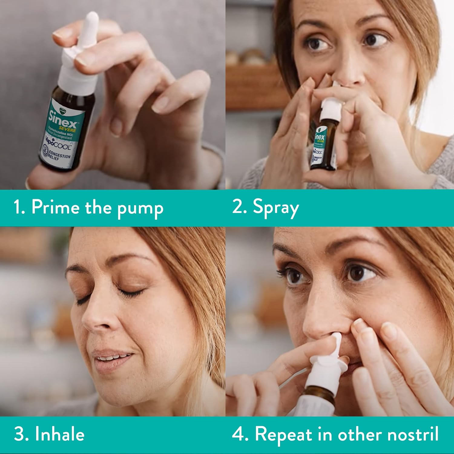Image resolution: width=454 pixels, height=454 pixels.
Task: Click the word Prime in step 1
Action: pos(55,208)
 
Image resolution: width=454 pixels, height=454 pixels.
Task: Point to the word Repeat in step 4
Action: pos(283,435)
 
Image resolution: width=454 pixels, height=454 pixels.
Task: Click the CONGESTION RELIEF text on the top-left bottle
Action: pos(59,156)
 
